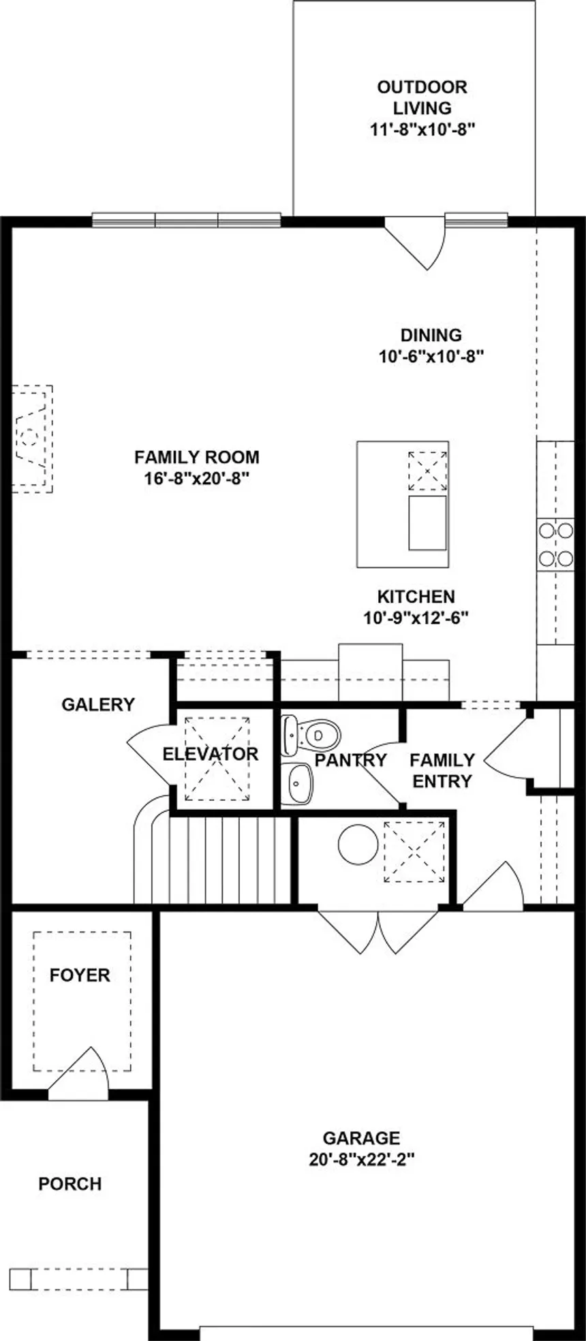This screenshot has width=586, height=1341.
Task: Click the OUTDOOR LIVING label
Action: pyautogui.click(x=422, y=97)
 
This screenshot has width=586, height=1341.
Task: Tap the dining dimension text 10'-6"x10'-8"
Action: pyautogui.click(x=431, y=356)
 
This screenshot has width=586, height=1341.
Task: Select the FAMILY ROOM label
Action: pyautogui.click(x=196, y=457)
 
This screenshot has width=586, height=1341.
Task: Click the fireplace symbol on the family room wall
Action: pyautogui.click(x=32, y=438)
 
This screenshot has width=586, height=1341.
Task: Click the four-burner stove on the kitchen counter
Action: pyautogui.click(x=555, y=543)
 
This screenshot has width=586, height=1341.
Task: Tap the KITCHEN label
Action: pyautogui.click(x=416, y=597)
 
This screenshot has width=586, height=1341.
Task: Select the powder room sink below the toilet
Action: pyautogui.click(x=298, y=783)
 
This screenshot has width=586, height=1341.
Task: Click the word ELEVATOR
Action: pyautogui.click(x=210, y=754)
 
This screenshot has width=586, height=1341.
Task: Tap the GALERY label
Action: pyautogui.click(x=98, y=704)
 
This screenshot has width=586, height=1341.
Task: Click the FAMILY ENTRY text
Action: pyautogui.click(x=442, y=770)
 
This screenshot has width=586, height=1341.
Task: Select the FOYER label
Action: pyautogui.click(x=80, y=975)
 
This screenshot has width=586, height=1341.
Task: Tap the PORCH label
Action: pyautogui.click(x=70, y=1184)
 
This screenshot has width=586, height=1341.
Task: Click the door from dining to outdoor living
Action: pyautogui.click(x=416, y=242)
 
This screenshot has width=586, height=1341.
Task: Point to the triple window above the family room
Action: pyautogui.click(x=186, y=220)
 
